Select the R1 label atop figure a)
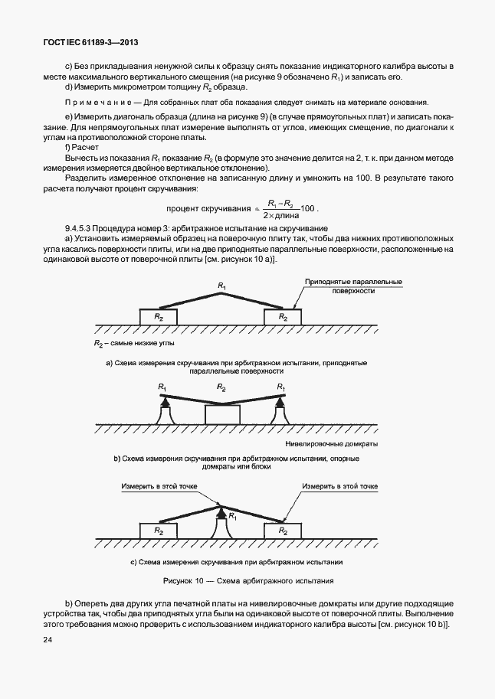click(x=221, y=286)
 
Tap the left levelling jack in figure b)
click(x=164, y=411)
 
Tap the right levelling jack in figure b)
click(x=280, y=411)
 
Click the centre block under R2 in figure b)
click(x=222, y=414)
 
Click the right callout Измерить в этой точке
click(x=339, y=486)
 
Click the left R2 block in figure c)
click(x=158, y=530)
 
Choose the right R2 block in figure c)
click(x=282, y=530)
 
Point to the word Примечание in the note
click(x=94, y=103)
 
